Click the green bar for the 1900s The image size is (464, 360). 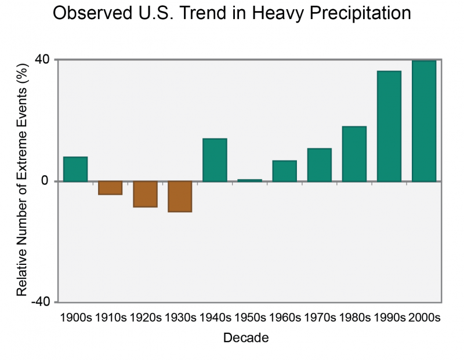pyautogui.click(x=75, y=169)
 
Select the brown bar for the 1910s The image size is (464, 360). pyautogui.click(x=110, y=188)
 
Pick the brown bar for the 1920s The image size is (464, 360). pyautogui.click(x=145, y=194)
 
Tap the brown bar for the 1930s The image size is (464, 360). pyautogui.click(x=180, y=197)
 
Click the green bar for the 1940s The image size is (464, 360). pyautogui.click(x=215, y=160)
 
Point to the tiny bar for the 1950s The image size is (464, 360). pyautogui.click(x=249, y=180)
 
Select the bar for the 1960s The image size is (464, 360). pyautogui.click(x=284, y=171)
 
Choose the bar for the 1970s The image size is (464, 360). pyautogui.click(x=320, y=165)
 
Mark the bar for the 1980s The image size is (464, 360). pyautogui.click(x=354, y=154)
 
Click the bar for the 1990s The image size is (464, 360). pyautogui.click(x=389, y=126)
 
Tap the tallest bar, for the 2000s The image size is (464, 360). pyautogui.click(x=424, y=121)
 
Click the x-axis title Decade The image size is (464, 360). pyautogui.click(x=246, y=338)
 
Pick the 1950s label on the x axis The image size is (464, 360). pyautogui.click(x=250, y=318)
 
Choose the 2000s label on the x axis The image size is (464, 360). pyautogui.click(x=425, y=318)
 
